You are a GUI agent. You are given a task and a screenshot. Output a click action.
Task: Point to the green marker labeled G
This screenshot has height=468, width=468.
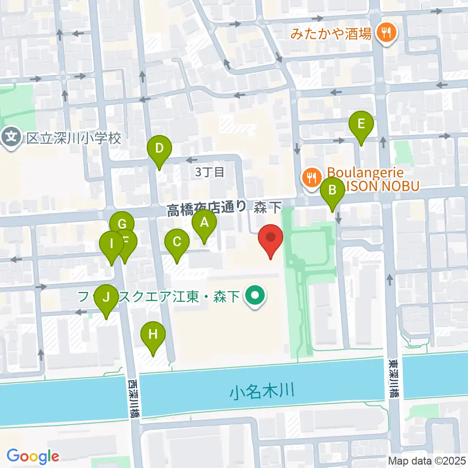(x=122, y=225)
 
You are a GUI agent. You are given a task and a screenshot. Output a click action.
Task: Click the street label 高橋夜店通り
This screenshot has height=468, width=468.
(x=207, y=209)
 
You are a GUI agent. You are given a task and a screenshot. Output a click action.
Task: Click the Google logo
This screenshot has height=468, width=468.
(x=32, y=456)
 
